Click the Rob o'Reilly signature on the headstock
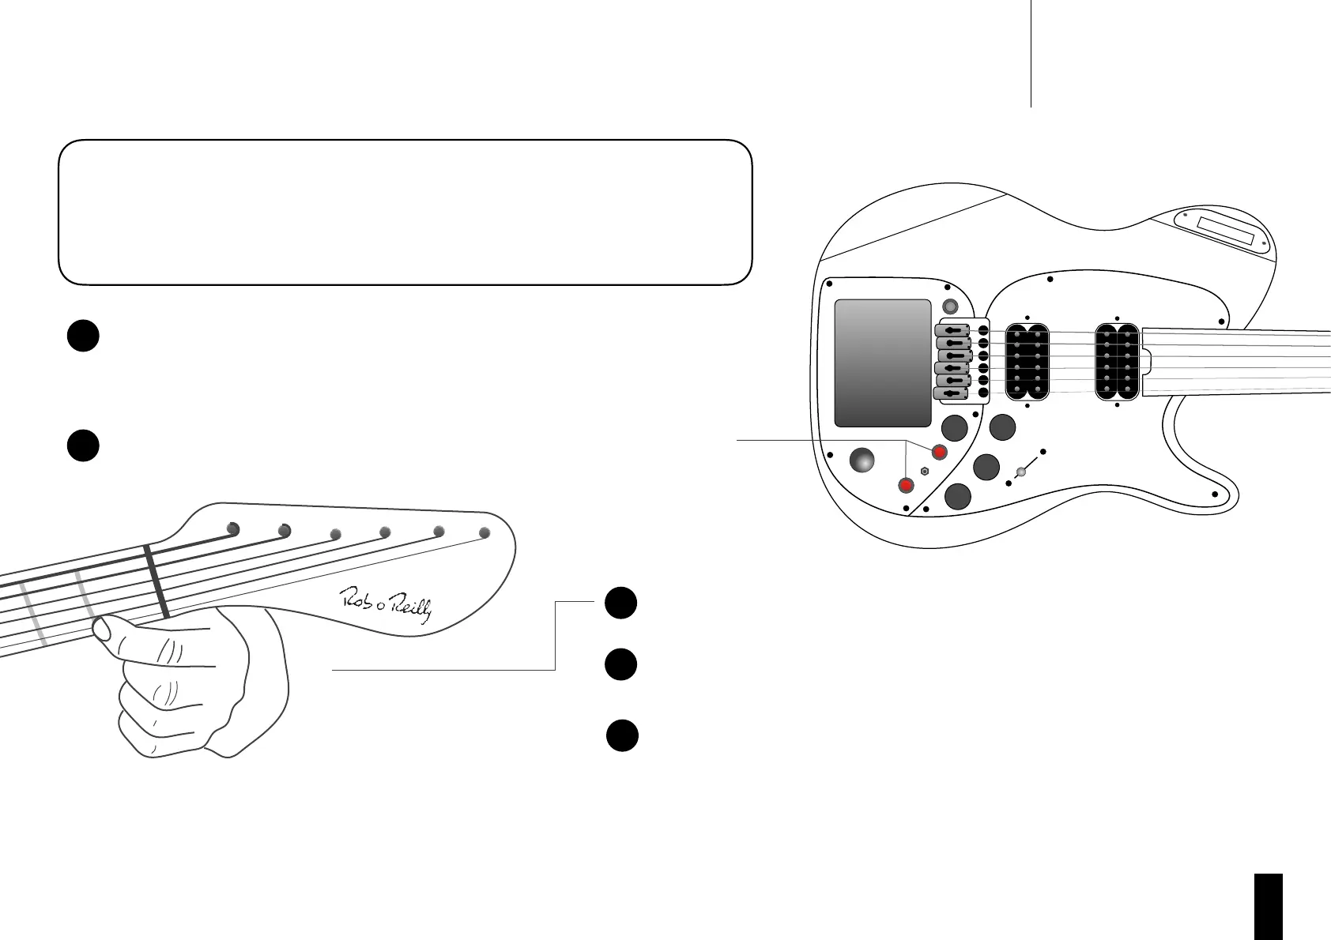(386, 605)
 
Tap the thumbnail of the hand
(101, 629)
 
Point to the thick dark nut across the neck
(156, 582)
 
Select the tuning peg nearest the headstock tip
(485, 533)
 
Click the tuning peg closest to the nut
(232, 528)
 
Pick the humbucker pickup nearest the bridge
(1026, 363)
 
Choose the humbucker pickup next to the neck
(1117, 363)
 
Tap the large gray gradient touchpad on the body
(883, 363)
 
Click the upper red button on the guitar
(940, 452)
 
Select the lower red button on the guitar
(907, 484)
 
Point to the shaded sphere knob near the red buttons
(862, 461)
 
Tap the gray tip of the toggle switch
(1020, 472)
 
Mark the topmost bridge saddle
(952, 330)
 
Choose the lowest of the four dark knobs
(957, 496)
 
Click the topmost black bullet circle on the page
(82, 336)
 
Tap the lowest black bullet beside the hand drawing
(622, 735)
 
